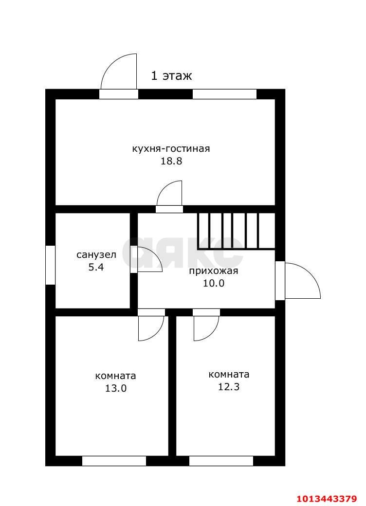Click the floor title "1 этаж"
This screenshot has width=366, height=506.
point(171,76)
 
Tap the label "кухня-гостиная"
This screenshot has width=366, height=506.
point(171,148)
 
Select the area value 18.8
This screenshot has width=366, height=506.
point(171,161)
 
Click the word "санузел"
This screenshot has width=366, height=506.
point(96,254)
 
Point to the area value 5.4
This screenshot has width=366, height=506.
point(96,267)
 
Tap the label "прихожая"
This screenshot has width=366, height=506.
point(213,271)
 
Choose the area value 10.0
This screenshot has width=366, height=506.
point(213,284)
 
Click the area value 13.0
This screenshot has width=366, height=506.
point(115,388)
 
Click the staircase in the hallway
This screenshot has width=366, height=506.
point(236,231)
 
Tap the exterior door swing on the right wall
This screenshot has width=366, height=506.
point(300,281)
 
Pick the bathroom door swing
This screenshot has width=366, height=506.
point(148,260)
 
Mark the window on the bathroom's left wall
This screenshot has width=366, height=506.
point(50,265)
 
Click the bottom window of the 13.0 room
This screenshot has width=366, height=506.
point(114,460)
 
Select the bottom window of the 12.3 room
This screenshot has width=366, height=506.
point(221,460)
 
